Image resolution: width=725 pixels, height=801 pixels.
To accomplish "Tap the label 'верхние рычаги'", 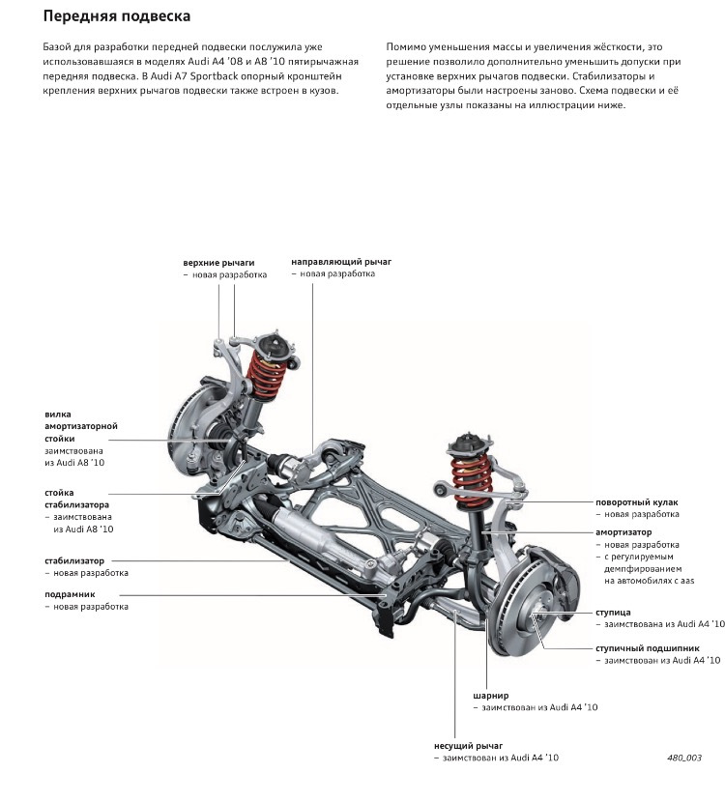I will [218, 262].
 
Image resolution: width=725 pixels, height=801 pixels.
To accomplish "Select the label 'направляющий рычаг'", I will [341, 262].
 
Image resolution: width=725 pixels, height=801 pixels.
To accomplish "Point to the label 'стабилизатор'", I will [73, 560].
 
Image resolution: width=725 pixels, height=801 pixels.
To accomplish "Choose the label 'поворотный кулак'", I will [637, 503].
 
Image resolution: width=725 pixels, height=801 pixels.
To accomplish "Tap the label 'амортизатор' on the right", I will [623, 532].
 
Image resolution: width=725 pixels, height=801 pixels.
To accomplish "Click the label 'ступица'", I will [613, 613].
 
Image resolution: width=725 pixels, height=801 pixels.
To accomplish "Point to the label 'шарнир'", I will [490, 695].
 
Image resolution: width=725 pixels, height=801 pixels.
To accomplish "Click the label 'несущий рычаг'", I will [469, 746].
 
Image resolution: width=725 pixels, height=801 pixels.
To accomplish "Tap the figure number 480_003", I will [683, 758].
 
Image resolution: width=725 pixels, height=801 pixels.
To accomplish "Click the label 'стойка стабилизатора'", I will [76, 499].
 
